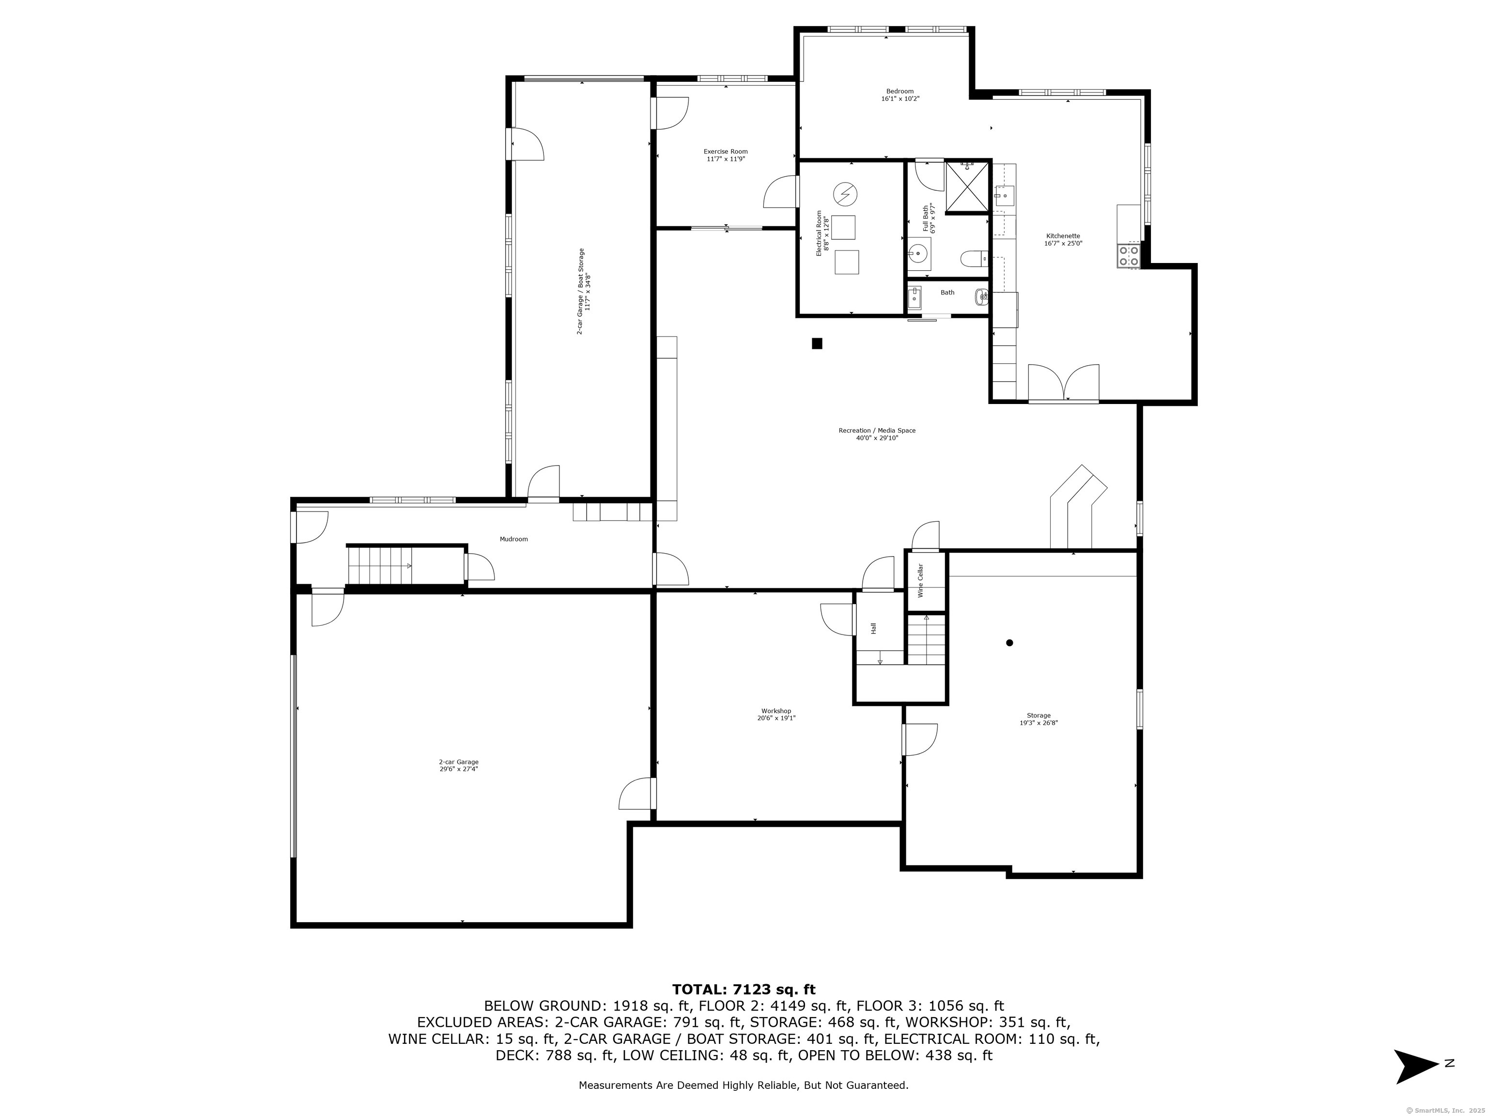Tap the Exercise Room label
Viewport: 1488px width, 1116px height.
click(726, 151)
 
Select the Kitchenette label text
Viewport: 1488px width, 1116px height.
click(1063, 236)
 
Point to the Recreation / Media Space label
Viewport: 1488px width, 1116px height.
click(877, 431)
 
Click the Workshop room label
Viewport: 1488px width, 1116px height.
click(776, 711)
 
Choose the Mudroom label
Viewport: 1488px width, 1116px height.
click(513, 539)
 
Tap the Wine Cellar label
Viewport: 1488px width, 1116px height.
click(920, 581)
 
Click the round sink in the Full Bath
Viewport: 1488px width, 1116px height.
click(918, 253)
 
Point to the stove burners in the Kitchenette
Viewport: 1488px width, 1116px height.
click(1129, 256)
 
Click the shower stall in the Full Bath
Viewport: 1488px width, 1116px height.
click(967, 185)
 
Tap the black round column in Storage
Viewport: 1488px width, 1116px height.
click(1009, 642)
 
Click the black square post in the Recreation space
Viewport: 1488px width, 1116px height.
click(817, 343)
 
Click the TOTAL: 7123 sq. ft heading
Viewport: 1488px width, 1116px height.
click(744, 990)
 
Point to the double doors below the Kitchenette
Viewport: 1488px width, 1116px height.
click(1064, 384)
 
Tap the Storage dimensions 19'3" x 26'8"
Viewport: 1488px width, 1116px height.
click(1038, 723)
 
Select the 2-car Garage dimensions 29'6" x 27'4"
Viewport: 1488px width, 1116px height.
click(459, 769)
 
